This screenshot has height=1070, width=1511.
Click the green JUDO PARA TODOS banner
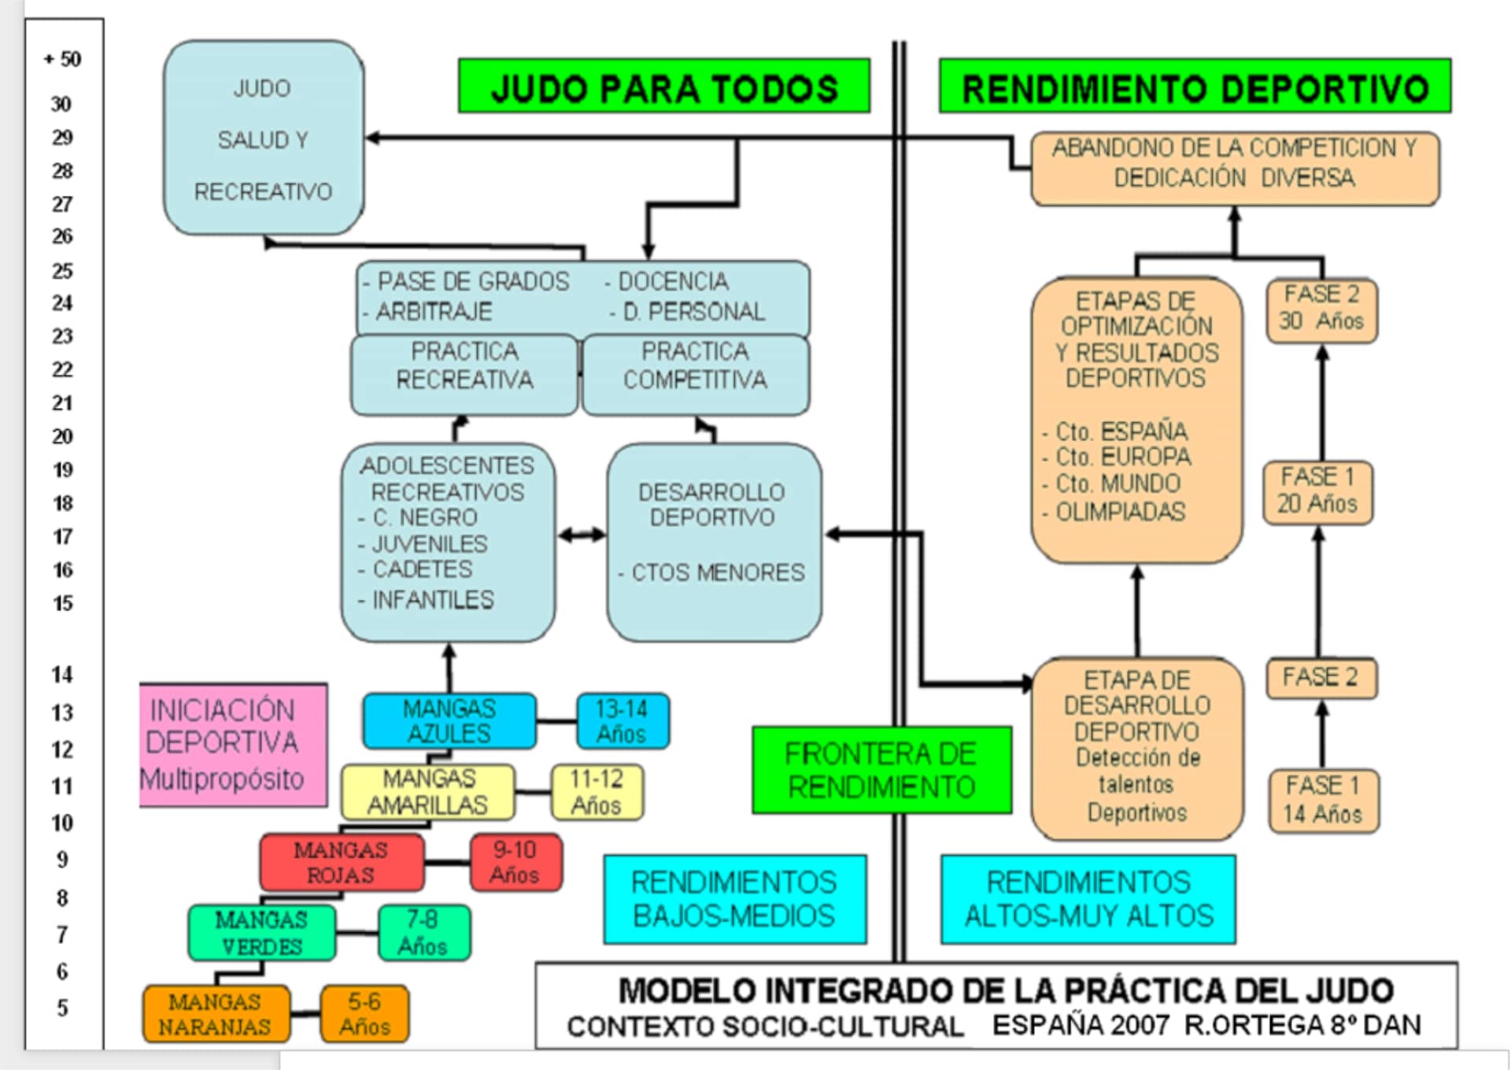click(663, 87)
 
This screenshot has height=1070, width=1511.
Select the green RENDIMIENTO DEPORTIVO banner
click(1194, 87)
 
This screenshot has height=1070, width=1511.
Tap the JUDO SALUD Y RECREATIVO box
click(263, 139)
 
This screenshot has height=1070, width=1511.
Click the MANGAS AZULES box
click(449, 721)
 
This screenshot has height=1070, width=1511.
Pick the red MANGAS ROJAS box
click(341, 863)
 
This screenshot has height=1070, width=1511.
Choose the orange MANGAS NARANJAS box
click(215, 1014)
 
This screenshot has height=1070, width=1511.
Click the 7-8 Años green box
click(423, 933)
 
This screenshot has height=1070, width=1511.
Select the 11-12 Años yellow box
click(596, 792)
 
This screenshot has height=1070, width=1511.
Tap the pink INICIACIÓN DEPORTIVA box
click(232, 745)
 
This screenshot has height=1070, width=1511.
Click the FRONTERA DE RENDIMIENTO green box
click(881, 770)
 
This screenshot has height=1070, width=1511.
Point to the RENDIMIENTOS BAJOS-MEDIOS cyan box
click(734, 899)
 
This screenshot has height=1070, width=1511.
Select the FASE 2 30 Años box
click(1321, 309)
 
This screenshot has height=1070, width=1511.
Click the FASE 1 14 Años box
click(1323, 800)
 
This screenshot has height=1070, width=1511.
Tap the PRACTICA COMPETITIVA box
click(695, 373)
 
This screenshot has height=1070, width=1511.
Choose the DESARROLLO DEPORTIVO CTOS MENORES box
click(713, 542)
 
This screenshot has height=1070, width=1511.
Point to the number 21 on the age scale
click(62, 403)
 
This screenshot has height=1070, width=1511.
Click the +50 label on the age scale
click(63, 59)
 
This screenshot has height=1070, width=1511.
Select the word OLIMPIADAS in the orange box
click(1119, 512)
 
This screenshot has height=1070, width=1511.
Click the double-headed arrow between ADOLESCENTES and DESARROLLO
click(581, 535)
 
